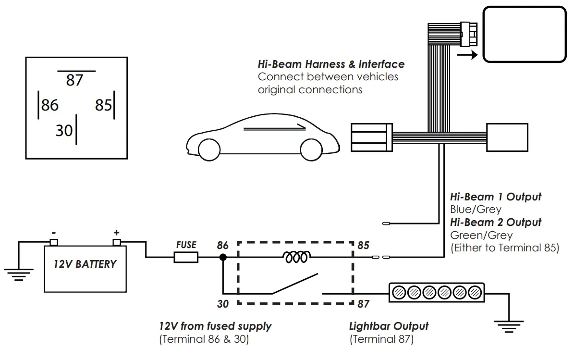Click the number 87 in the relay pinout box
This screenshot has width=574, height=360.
75,80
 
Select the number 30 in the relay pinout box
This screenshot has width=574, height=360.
63,130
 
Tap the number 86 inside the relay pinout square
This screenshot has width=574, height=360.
49,105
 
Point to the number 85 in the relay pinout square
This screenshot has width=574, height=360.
103,105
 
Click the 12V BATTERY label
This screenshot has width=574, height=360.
85,264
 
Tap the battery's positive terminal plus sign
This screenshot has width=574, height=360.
116,232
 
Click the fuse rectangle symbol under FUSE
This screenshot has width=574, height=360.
186,258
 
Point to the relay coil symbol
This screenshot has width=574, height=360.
296,258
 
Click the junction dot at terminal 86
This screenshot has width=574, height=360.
223,258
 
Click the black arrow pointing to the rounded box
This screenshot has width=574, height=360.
467,55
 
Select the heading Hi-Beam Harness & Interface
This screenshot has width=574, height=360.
331,64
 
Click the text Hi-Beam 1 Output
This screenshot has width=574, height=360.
495,197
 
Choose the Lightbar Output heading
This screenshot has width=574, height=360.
389,326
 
